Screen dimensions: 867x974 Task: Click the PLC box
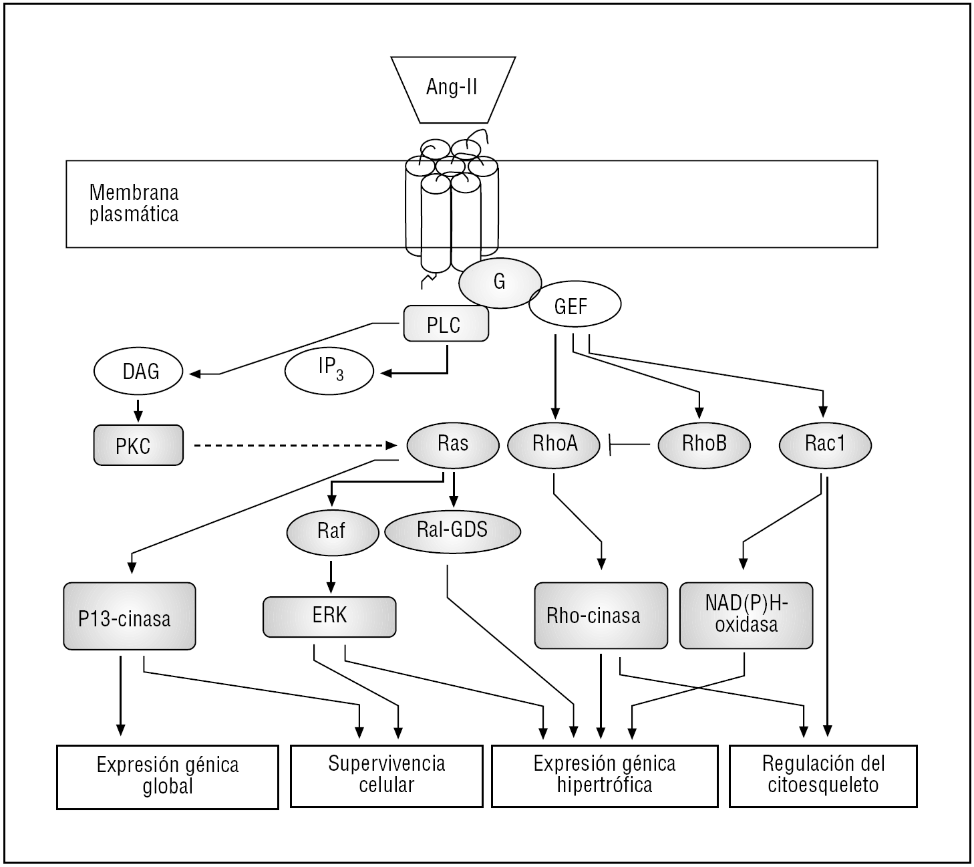click(446, 324)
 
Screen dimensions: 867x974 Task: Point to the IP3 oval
click(329, 372)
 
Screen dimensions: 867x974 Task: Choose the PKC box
click(138, 445)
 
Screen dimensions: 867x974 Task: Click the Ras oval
click(453, 444)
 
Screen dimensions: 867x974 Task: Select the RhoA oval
click(554, 444)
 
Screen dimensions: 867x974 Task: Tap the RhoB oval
click(704, 444)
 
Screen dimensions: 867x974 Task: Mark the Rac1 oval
click(825, 444)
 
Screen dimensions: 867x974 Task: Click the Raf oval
click(331, 531)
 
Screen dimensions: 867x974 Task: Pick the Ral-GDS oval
click(452, 530)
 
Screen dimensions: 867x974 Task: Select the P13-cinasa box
click(129, 616)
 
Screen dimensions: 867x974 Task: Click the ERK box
click(329, 616)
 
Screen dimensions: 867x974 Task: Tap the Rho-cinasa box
click(601, 616)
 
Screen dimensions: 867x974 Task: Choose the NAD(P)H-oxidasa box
click(746, 616)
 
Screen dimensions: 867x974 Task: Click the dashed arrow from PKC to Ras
click(294, 445)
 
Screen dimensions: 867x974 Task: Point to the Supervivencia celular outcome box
click(387, 776)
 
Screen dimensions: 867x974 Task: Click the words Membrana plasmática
click(134, 203)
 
